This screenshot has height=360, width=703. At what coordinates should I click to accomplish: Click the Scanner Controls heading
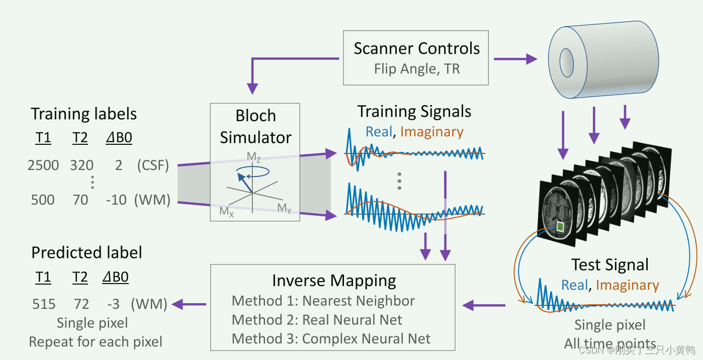(416, 49)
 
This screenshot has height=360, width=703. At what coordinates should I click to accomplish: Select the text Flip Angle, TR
(416, 68)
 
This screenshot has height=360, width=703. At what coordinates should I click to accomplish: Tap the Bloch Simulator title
(255, 126)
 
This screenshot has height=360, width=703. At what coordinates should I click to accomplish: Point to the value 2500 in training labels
(43, 165)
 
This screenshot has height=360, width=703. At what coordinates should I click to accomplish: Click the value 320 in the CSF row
(81, 165)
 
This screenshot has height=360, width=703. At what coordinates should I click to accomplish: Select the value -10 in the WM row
(116, 200)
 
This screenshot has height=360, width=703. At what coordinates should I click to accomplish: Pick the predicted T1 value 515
(43, 304)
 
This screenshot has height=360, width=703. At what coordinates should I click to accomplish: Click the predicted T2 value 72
(81, 304)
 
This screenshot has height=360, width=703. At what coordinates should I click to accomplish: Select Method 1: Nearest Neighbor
(323, 301)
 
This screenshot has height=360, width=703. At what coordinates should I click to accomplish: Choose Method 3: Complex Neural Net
(331, 339)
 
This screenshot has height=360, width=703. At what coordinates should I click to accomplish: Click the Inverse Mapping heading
(334, 281)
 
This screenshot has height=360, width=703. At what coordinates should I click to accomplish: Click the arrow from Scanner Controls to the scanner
(515, 59)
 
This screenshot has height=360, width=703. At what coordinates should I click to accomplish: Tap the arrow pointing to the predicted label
(189, 304)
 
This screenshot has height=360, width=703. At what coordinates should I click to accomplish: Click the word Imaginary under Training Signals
(431, 132)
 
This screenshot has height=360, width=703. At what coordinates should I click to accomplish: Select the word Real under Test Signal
(574, 285)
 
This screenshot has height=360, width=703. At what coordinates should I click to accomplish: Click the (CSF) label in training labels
(153, 165)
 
